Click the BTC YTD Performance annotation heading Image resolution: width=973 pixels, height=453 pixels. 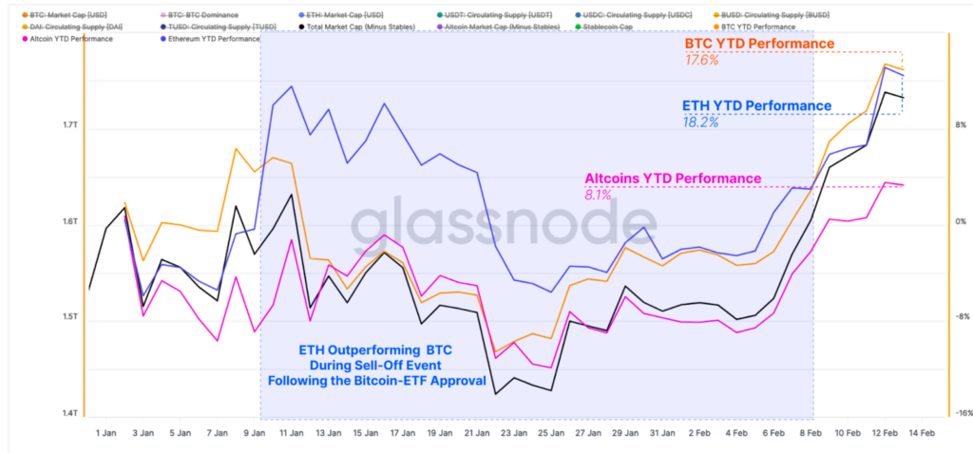[x=759, y=45]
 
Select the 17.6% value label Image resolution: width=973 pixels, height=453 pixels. [x=701, y=60]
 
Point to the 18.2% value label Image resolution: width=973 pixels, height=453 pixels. [x=699, y=122]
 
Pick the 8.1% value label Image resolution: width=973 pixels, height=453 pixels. [x=598, y=194]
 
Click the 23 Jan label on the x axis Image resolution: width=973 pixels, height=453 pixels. [x=512, y=432]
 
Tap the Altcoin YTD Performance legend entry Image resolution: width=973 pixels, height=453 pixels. [x=74, y=39]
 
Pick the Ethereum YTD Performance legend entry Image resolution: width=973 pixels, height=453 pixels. [x=213, y=39]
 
